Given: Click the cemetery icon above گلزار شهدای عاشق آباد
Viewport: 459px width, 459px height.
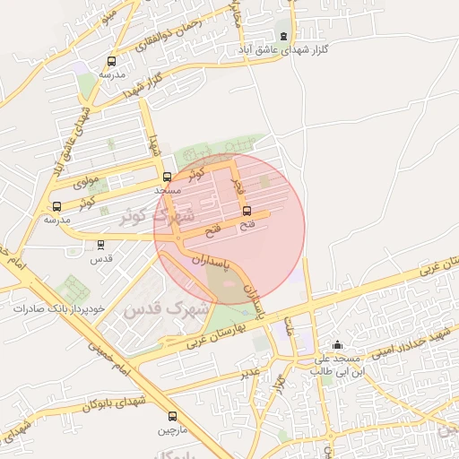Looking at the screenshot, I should tap(284, 36).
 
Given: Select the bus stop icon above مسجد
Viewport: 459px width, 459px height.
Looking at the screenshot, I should tap(167, 177).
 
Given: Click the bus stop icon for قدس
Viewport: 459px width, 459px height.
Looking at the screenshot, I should tap(100, 243).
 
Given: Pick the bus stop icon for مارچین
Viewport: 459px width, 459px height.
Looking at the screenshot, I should tap(172, 416).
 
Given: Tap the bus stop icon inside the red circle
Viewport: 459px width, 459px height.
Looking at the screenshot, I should tap(247, 212).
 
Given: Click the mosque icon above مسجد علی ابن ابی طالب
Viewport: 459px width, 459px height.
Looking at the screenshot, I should tap(337, 345).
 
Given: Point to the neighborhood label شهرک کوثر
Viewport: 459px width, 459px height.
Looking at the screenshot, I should tap(160, 218).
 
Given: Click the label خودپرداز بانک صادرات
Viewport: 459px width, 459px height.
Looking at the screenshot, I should tap(59, 307).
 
